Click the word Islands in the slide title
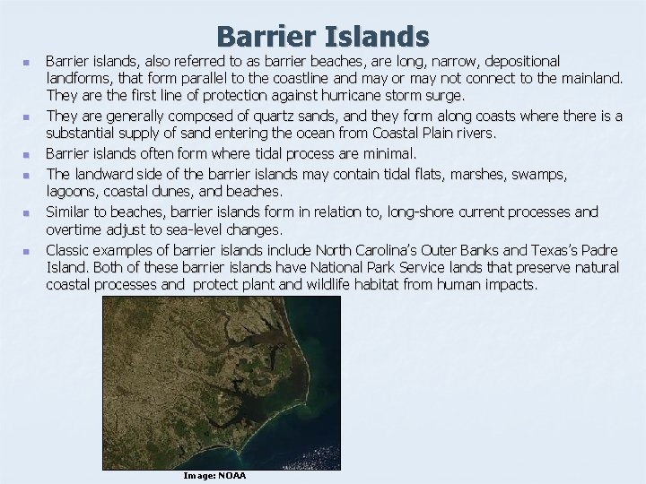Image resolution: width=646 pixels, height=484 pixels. (381, 37)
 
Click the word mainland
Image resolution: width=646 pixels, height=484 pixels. (588, 78)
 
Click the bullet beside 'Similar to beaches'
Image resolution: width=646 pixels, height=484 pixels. (27, 213)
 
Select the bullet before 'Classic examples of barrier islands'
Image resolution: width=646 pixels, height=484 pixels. (27, 251)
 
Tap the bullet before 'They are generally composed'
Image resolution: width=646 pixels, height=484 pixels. (27, 117)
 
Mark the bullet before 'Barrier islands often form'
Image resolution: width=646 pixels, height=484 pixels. (27, 154)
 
